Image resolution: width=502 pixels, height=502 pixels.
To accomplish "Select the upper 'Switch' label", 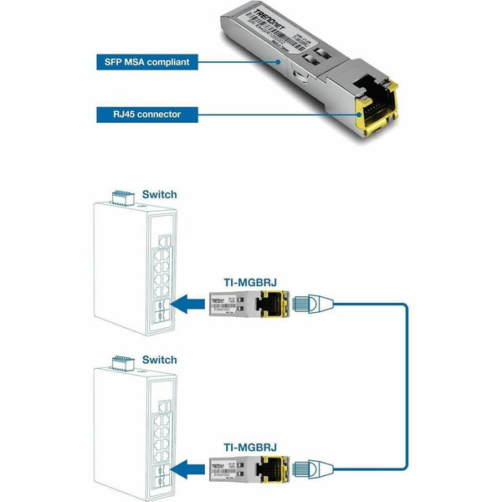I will point(159,194).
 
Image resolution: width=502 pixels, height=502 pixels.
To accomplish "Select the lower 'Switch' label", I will point(159,360).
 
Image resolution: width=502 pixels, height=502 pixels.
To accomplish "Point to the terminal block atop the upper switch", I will point(121,197).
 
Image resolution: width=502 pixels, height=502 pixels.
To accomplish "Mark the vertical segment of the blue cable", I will point(407,385).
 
